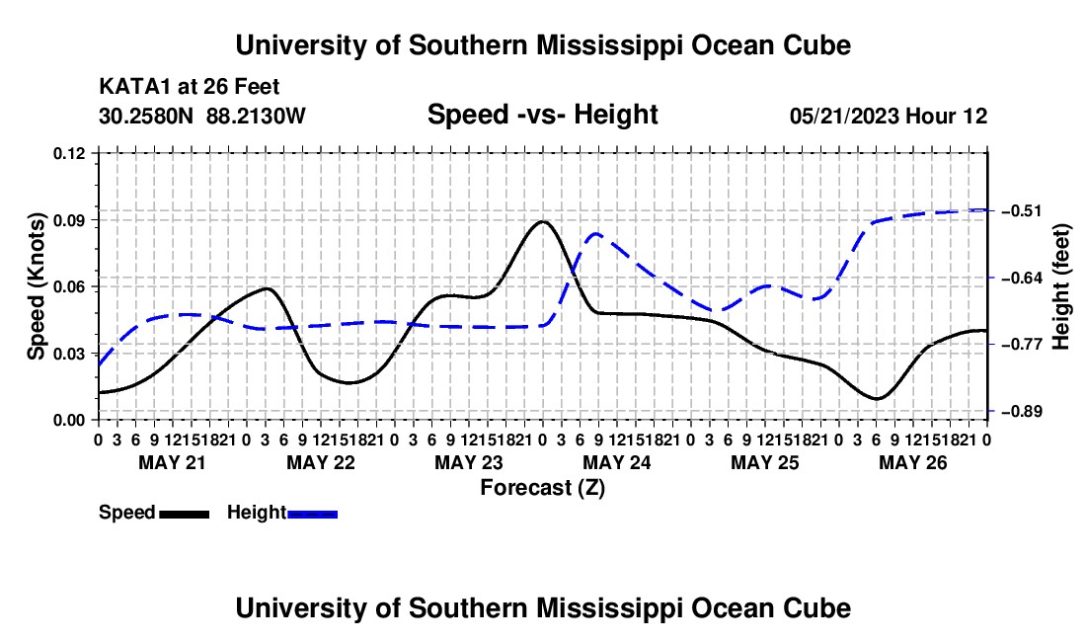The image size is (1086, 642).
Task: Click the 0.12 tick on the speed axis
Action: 69,153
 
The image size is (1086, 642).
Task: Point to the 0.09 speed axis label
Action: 69,220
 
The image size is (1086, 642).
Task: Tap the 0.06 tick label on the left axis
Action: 69,286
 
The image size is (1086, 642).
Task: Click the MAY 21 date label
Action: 173,462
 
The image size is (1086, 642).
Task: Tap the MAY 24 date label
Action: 617,462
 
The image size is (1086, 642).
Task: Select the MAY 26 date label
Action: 913,462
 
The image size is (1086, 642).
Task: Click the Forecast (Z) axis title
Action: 543,488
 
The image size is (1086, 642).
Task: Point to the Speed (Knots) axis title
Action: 36,286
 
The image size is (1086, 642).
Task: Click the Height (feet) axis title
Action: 1061,286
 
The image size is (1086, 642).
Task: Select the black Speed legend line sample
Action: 185,514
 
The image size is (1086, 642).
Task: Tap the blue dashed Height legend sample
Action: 312,514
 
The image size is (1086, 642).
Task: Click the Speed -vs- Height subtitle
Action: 543,115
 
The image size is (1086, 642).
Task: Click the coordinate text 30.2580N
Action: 146,116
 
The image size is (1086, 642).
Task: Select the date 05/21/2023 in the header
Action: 844,116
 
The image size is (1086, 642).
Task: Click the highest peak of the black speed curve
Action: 543,221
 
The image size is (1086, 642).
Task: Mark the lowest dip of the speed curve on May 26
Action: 876,399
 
